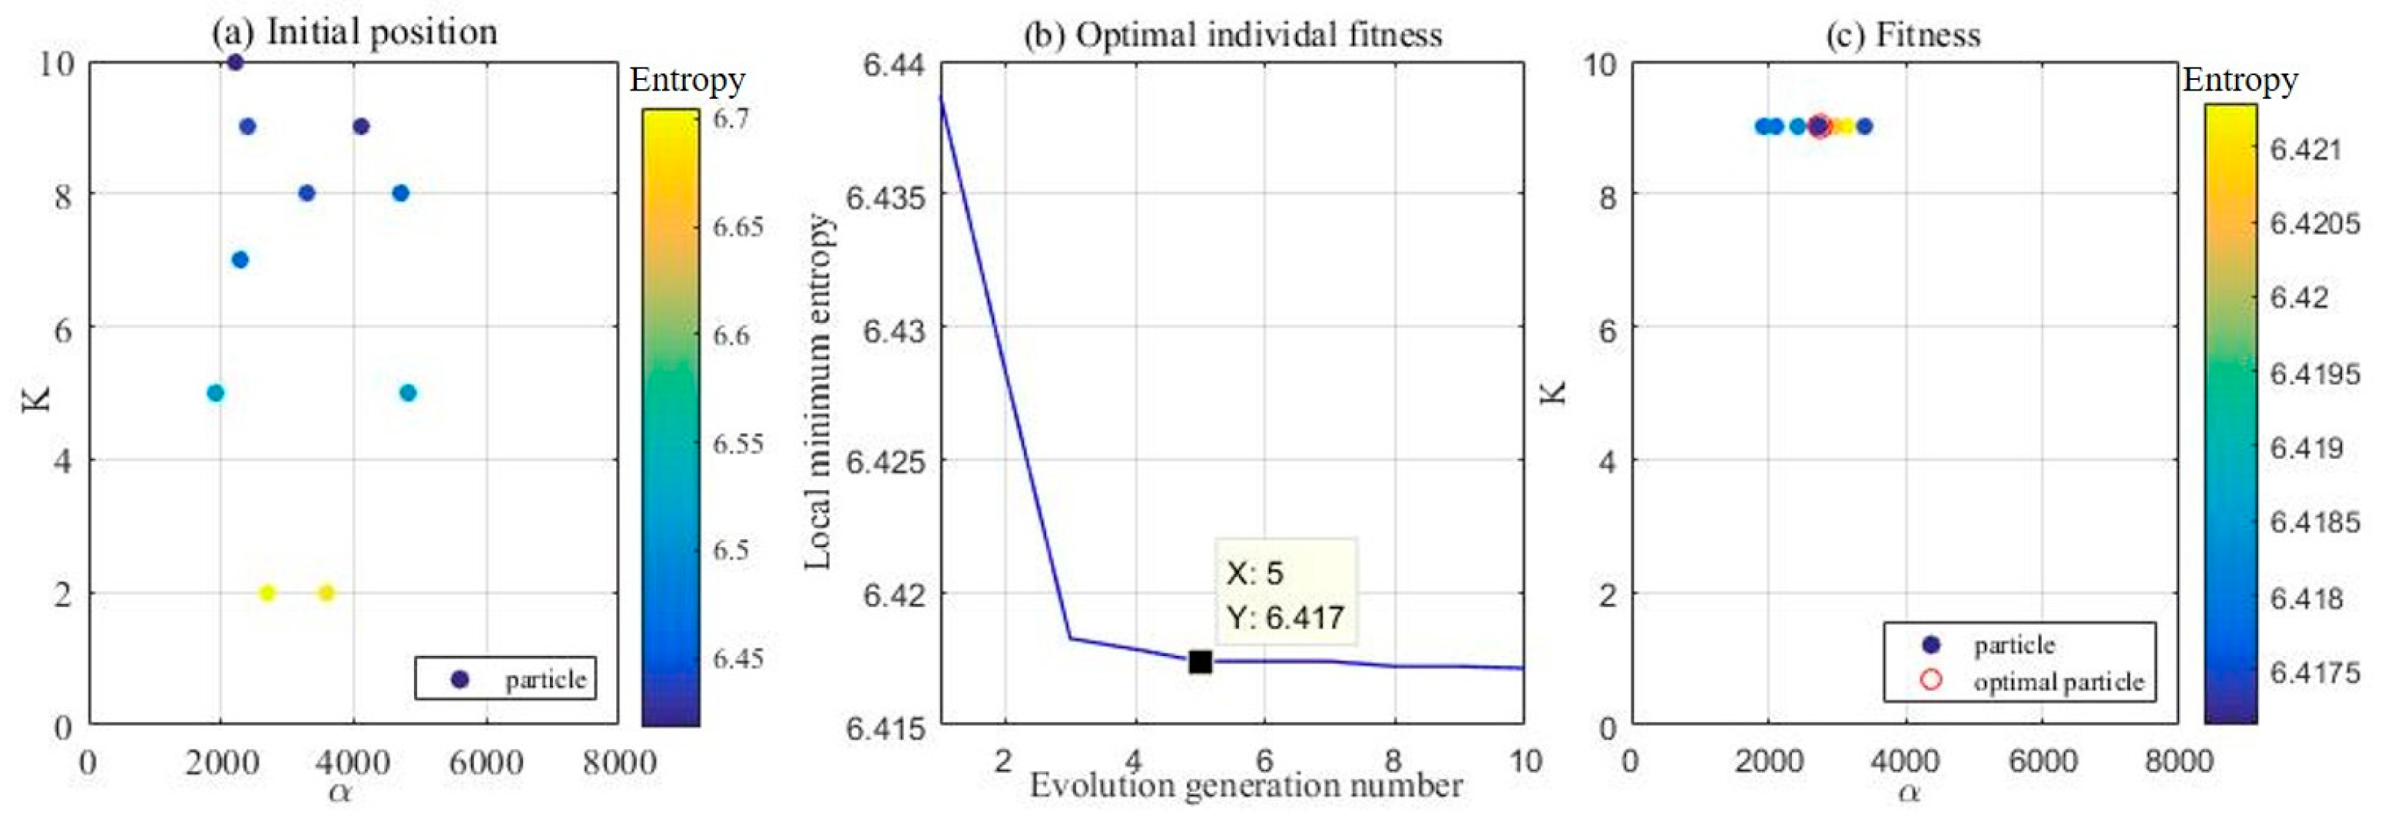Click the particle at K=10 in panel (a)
pyautogui.click(x=235, y=62)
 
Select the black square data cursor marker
pyautogui.click(x=1200, y=661)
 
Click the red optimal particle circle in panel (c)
pyautogui.click(x=1820, y=126)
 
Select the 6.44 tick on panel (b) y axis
pyautogui.click(x=893, y=64)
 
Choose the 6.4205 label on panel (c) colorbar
pyautogui.click(x=2314, y=224)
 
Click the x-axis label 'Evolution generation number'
pyautogui.click(x=1246, y=786)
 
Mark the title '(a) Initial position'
pyautogui.click(x=355, y=32)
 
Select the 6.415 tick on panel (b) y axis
pyautogui.click(x=885, y=728)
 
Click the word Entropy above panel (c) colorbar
pyautogui.click(x=2240, y=80)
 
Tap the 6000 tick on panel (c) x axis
pyautogui.click(x=2042, y=762)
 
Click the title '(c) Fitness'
pyautogui.click(x=1903, y=35)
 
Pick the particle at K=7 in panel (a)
pyautogui.click(x=240, y=260)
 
